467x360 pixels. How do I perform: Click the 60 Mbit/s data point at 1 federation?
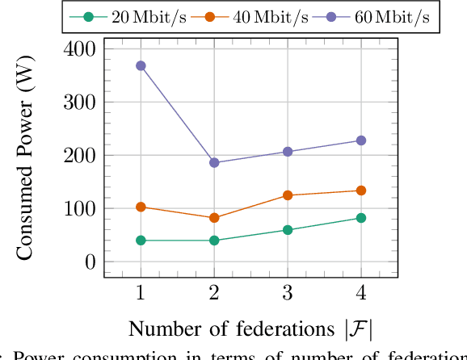[x=141, y=65]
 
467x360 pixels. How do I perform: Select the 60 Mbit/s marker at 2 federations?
[x=214, y=162]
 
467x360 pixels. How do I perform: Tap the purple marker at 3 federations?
[x=288, y=152]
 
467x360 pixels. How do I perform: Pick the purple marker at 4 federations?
[x=361, y=140]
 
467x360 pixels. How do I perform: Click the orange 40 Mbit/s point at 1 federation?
[x=141, y=207]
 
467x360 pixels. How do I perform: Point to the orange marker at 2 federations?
[x=214, y=218]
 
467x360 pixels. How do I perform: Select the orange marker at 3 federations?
[x=288, y=195]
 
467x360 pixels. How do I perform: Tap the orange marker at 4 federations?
[x=361, y=190]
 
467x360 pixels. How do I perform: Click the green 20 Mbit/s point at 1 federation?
[x=141, y=241]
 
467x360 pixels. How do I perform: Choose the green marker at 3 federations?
[x=288, y=230]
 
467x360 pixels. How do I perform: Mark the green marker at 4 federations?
[x=361, y=218]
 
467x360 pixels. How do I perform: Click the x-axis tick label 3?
[x=288, y=291]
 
